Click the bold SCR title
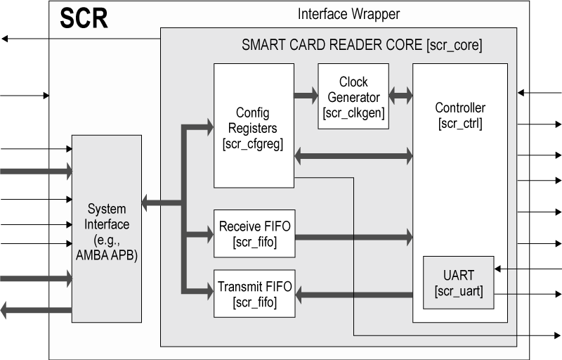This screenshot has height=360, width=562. coord(84,18)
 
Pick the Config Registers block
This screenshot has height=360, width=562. coord(253,127)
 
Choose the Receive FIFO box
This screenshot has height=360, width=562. coord(254,233)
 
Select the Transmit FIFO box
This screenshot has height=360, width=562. coord(254,293)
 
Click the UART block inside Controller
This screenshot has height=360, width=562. coord(459,282)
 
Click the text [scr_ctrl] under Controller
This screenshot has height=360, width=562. coord(459,124)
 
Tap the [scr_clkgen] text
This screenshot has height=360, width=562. coord(353,112)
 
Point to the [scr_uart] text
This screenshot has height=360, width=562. coord(459,290)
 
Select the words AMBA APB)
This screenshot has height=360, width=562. coord(107,257)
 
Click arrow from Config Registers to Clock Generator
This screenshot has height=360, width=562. coord(305,97)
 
